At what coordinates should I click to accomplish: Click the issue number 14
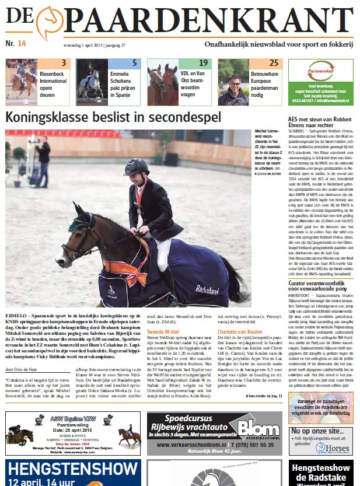22,43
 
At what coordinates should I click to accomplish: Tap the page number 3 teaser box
64,63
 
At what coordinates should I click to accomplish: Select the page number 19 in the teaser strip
202,63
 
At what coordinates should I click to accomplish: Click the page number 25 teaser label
274,63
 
